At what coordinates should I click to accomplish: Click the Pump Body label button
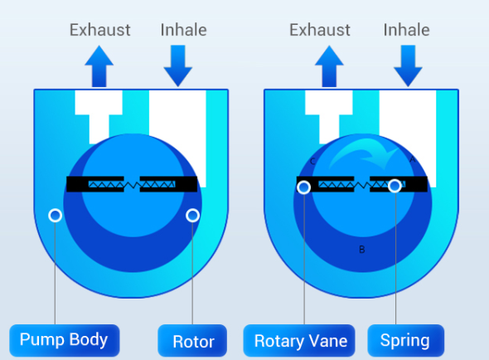click(x=65, y=340)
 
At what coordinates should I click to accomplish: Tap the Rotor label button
click(x=192, y=341)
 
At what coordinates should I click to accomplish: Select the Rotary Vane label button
click(x=299, y=341)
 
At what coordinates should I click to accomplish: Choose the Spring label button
click(x=406, y=341)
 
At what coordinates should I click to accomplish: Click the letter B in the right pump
click(x=361, y=250)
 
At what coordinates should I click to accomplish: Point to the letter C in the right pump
click(x=313, y=162)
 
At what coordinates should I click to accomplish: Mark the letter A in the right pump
click(x=412, y=160)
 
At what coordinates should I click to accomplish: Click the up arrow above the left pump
click(x=99, y=66)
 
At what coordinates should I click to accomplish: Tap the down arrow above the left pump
click(x=178, y=66)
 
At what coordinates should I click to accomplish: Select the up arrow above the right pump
click(x=329, y=66)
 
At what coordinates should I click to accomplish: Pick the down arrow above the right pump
click(x=408, y=66)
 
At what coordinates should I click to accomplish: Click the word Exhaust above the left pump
click(x=99, y=30)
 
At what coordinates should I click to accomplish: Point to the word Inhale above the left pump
click(x=184, y=30)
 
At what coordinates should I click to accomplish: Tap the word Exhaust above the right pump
click(x=320, y=30)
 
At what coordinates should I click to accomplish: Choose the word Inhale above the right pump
click(x=406, y=30)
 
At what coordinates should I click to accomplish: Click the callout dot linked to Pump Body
click(x=56, y=216)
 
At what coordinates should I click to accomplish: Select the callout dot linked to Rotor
click(x=193, y=216)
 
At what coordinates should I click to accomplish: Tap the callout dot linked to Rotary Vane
click(x=303, y=187)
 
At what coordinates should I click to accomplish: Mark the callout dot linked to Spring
click(x=395, y=186)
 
